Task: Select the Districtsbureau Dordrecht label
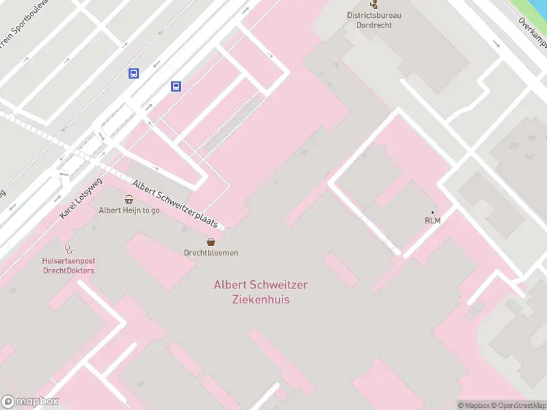click(x=374, y=20)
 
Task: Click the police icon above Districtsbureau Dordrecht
click(x=373, y=4)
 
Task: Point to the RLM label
click(x=432, y=221)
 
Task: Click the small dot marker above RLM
click(x=432, y=212)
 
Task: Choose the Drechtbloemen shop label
click(x=211, y=253)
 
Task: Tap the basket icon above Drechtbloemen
click(x=211, y=241)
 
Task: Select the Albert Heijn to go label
click(x=129, y=210)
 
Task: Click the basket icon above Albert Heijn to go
click(x=129, y=199)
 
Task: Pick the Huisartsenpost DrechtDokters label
click(x=68, y=266)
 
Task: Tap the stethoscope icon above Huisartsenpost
click(x=68, y=249)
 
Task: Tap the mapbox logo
click(x=30, y=402)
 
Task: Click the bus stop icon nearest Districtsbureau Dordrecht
click(x=176, y=86)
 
